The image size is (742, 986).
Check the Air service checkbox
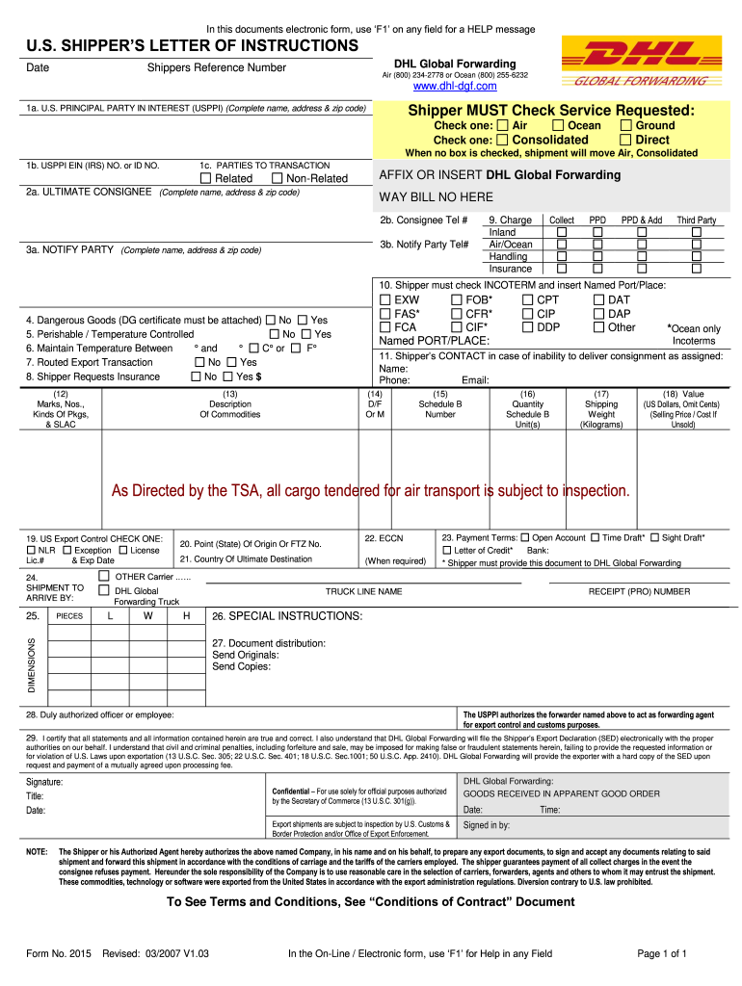503,126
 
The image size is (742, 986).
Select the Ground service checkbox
626,126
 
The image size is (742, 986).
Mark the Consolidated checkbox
503,141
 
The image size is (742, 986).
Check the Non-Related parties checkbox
278,178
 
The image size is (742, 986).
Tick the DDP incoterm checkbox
527,327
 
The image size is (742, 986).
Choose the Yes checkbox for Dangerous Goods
303,320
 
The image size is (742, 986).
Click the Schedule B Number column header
440,404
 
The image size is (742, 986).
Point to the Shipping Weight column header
601,404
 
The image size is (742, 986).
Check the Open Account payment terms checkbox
524,537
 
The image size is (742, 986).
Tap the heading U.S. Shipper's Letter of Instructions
192,46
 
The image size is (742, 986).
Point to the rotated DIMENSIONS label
31,665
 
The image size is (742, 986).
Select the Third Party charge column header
697,221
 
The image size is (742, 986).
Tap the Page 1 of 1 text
662,954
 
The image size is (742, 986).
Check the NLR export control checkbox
31,550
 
